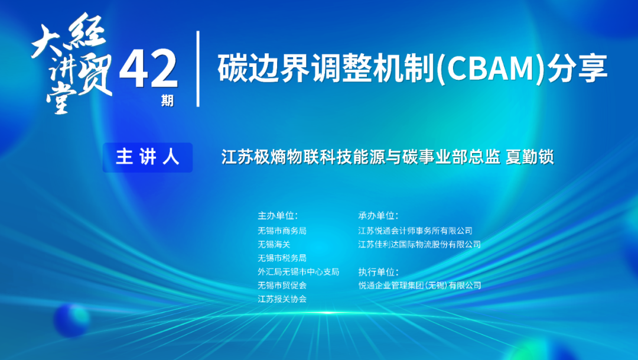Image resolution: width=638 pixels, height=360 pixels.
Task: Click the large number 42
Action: coord(148,69)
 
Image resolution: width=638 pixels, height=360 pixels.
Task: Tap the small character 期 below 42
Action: coord(167,100)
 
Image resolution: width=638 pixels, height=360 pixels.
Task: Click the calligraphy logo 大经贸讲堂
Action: coord(72,63)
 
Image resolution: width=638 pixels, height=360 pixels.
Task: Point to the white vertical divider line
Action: coord(198,69)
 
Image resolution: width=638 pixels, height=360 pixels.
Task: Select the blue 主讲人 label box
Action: coord(148,157)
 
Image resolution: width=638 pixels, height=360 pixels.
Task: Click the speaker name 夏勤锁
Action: coord(529,157)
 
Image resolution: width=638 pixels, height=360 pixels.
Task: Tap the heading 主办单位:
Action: coord(278,215)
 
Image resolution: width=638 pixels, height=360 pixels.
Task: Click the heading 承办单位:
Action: coord(379,215)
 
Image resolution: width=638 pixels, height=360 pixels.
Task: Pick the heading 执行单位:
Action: coord(379,272)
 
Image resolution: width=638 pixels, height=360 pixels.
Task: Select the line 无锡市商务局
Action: coord(282,231)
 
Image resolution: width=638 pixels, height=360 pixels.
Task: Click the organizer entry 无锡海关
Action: coord(274,244)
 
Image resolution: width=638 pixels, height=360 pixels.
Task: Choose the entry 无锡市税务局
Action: coord(282,258)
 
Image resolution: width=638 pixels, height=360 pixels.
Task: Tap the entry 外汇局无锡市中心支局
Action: coord(298,272)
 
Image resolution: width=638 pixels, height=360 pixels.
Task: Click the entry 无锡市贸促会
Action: coord(282,285)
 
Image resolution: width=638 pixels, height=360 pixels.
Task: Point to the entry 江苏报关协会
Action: coord(282,299)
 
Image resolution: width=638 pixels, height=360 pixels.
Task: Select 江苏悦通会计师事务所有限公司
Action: coord(415,231)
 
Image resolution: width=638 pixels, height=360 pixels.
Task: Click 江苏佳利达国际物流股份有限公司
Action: coord(419,244)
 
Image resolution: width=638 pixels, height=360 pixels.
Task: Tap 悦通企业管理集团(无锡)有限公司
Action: coord(419,285)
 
